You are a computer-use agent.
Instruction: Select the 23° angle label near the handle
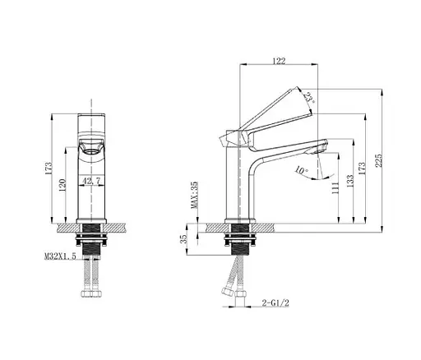pyautogui.click(x=308, y=97)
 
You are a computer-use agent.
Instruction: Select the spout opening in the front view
pyautogui.click(x=91, y=149)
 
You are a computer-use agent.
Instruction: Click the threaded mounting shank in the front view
pyautogui.click(x=91, y=244)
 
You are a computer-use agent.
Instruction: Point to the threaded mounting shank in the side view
pyautogui.click(x=238, y=244)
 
